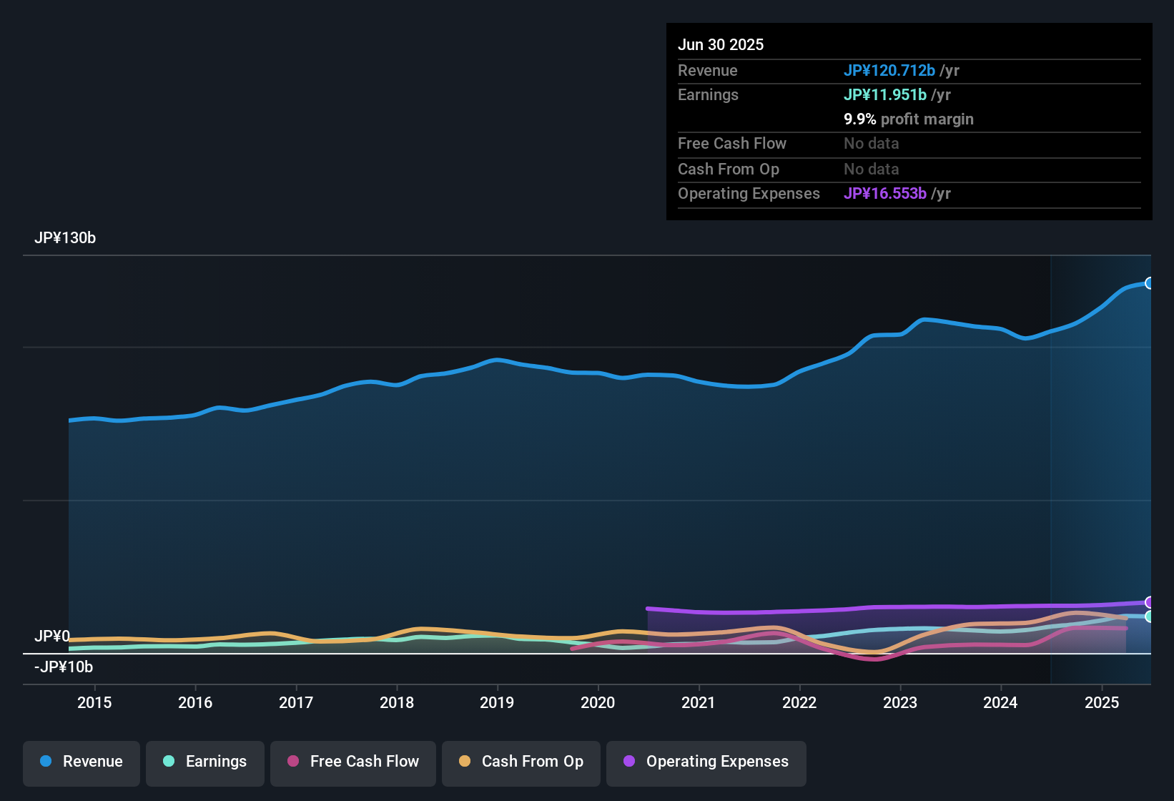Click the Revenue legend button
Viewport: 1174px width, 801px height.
(82, 762)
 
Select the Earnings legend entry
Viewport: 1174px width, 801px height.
(205, 762)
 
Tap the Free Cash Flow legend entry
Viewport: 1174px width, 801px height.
(353, 762)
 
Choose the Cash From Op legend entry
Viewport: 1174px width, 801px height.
(521, 762)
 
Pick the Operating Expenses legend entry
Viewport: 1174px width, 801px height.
(706, 762)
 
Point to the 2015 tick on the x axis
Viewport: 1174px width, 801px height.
(94, 702)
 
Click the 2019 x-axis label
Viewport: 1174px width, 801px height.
(497, 702)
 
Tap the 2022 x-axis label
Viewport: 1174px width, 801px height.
(799, 702)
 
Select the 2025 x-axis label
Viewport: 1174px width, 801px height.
(1102, 702)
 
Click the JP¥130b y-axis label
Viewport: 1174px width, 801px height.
(65, 238)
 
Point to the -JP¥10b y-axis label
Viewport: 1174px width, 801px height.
(64, 667)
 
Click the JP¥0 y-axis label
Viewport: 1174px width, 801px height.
(52, 637)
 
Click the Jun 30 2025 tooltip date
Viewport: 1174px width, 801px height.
(721, 44)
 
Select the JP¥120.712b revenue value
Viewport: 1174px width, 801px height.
(889, 70)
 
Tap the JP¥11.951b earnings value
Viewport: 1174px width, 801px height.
(885, 94)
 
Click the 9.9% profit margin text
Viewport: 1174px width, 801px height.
(909, 119)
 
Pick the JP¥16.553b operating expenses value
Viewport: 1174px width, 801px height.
(885, 193)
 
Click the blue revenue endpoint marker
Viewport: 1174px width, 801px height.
(1149, 283)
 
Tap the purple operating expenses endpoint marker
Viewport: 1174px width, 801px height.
(1149, 602)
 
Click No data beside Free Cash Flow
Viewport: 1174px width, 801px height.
(871, 144)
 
